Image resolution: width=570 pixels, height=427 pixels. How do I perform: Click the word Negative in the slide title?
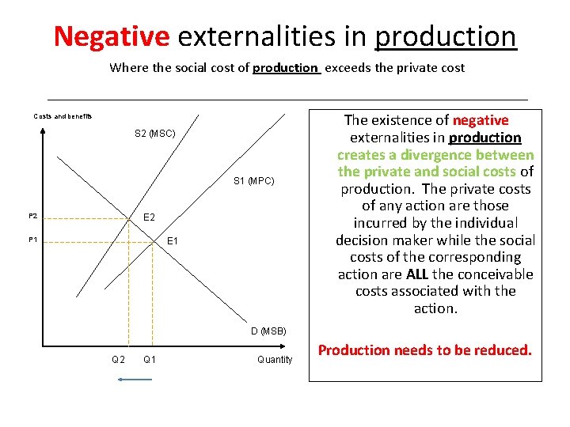click(112, 36)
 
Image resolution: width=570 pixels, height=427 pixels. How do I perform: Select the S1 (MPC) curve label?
click(254, 182)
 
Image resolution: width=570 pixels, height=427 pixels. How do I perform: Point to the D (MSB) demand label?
click(268, 331)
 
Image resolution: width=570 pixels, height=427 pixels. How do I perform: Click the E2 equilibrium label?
click(150, 217)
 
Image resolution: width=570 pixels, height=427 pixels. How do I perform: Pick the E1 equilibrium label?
click(173, 240)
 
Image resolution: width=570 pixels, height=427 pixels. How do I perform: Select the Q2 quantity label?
click(118, 360)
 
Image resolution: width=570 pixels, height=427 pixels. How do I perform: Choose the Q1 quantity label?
click(149, 360)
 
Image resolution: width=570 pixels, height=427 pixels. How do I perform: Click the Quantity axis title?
click(275, 360)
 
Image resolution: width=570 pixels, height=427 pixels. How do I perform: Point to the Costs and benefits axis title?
click(63, 116)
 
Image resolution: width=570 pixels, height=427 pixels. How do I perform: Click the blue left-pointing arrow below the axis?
click(134, 380)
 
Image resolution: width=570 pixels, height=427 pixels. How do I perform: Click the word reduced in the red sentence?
click(503, 350)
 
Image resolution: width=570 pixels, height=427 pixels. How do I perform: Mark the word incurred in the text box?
click(379, 223)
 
